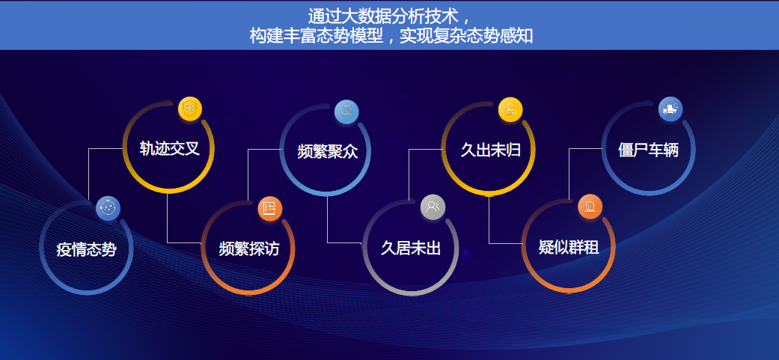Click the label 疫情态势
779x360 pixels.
[86, 249]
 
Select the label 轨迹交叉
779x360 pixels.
[170, 148]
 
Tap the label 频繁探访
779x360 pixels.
[248, 248]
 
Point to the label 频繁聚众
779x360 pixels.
[327, 150]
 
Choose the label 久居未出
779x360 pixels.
[410, 248]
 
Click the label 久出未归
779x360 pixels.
[490, 149]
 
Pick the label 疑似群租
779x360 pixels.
[569, 247]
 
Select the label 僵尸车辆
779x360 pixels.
[648, 149]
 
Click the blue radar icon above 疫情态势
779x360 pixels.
[109, 208]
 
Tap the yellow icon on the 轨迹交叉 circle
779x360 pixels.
[190, 109]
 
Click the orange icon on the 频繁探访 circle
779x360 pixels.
[270, 208]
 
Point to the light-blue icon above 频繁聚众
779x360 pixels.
[346, 111]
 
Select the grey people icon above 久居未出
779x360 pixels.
[433, 207]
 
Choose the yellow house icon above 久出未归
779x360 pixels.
[510, 109]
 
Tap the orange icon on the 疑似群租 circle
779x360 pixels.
[590, 207]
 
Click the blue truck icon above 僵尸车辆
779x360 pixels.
[670, 109]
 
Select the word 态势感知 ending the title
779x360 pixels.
[504, 35]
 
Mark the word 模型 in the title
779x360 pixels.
[364, 35]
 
